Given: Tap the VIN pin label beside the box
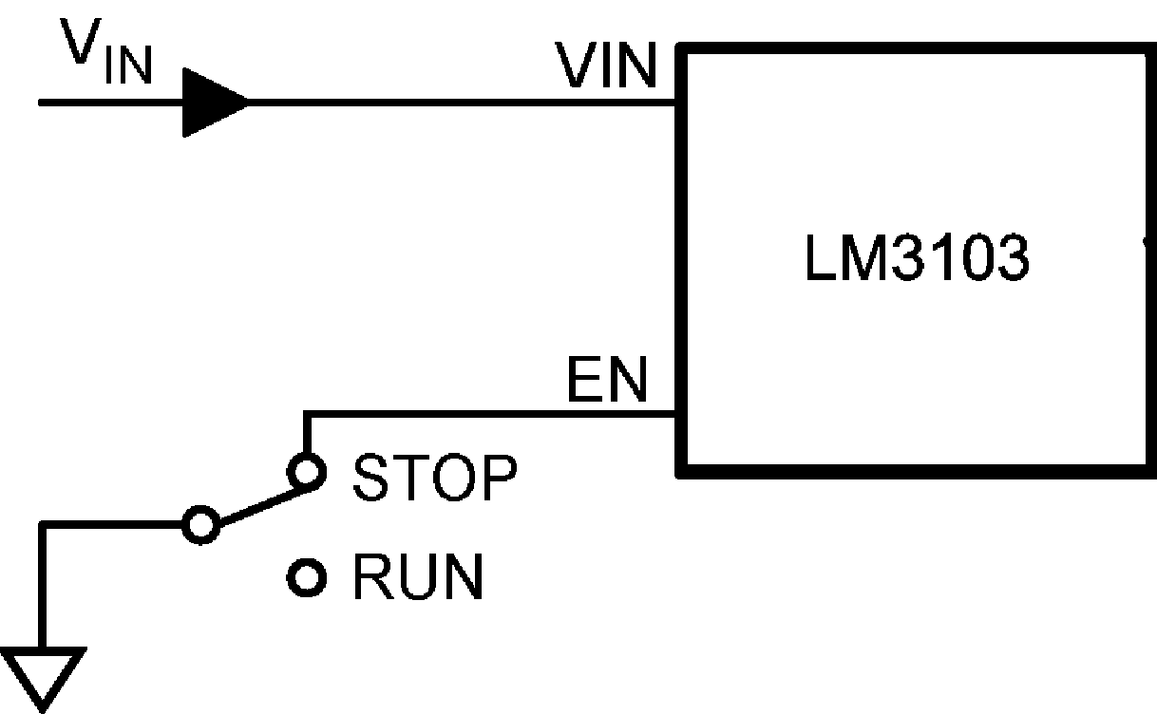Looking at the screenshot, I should (606, 66).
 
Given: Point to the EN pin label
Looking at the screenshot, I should (606, 382).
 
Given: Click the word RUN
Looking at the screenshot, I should (418, 576).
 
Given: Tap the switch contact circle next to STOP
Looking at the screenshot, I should (306, 472).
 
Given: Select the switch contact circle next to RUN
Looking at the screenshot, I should (306, 576).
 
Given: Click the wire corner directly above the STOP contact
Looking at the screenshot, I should (306, 414).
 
